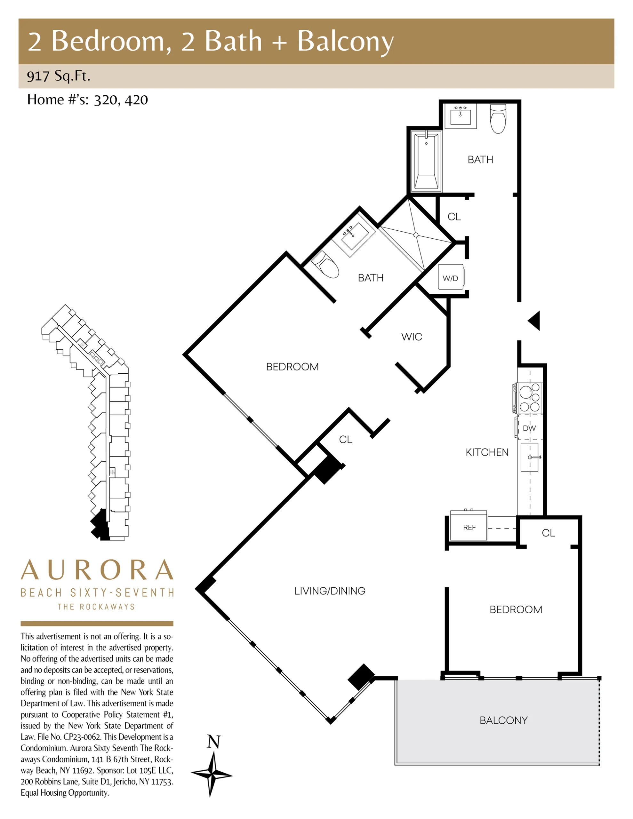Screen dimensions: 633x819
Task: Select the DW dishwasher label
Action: [x=529, y=428]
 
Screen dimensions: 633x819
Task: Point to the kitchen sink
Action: [x=529, y=457]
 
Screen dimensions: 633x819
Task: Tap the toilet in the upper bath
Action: [x=498, y=118]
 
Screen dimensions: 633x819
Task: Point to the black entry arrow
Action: [x=534, y=321]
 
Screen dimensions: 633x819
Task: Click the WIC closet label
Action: [x=412, y=337]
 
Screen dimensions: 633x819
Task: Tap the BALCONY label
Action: [x=503, y=720]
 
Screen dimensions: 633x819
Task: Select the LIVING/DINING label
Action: [x=329, y=591]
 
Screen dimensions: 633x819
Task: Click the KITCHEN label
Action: [x=487, y=452]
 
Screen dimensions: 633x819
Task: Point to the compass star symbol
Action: [x=212, y=773]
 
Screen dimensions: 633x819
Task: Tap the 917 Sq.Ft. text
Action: [x=59, y=76]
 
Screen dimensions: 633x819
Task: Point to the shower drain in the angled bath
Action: [x=416, y=235]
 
